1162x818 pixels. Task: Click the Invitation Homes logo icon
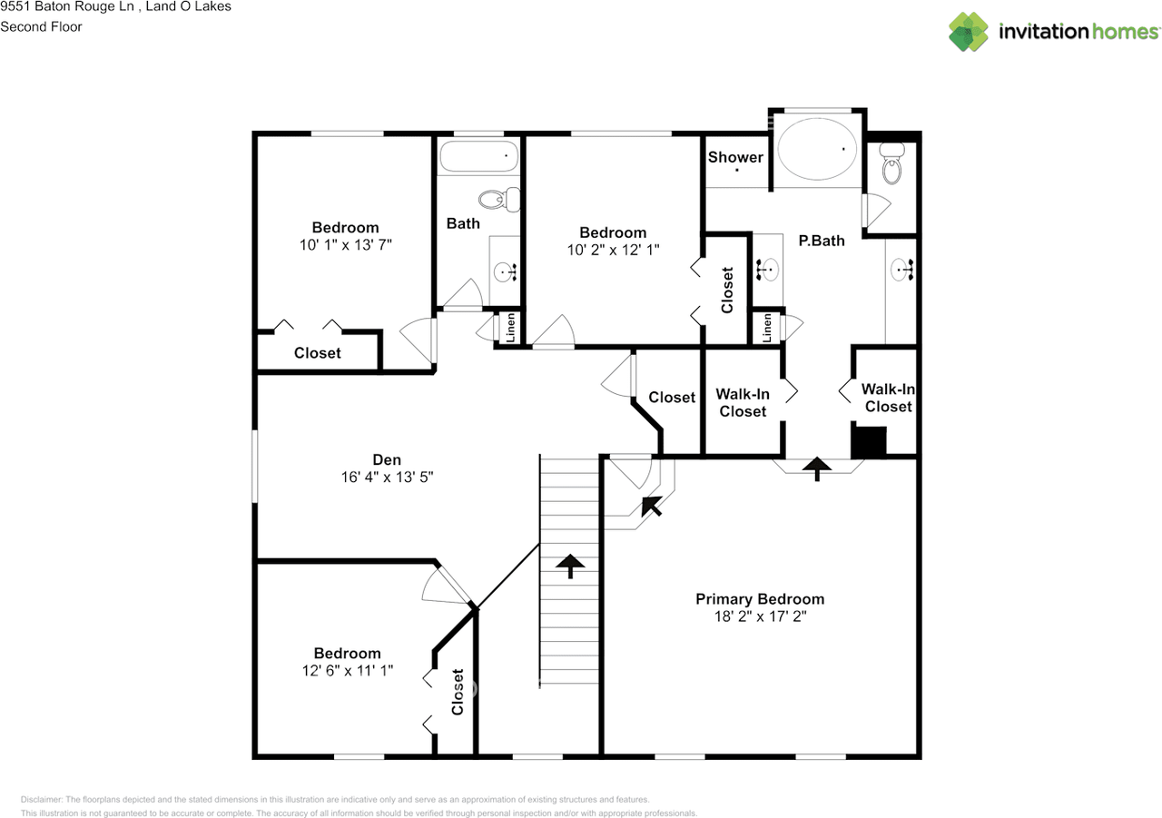coord(969,32)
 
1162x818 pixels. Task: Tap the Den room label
coord(387,460)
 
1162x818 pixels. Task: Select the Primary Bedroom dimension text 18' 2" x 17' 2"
coord(760,616)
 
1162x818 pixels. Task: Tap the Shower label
coord(735,157)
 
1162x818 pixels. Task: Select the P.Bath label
coord(821,241)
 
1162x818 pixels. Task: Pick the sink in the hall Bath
coord(505,270)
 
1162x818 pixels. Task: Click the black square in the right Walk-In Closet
coord(868,442)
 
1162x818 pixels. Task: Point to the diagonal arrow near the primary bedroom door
coord(652,505)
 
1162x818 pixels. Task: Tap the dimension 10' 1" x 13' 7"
coord(345,245)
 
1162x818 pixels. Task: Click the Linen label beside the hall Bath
coord(510,328)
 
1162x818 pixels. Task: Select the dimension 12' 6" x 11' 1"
coord(347,670)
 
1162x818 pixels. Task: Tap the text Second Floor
coord(41,26)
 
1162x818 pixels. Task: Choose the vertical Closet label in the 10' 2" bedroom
coord(727,289)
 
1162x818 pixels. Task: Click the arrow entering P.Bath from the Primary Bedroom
coord(818,468)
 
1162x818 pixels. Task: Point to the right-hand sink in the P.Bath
coord(903,270)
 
